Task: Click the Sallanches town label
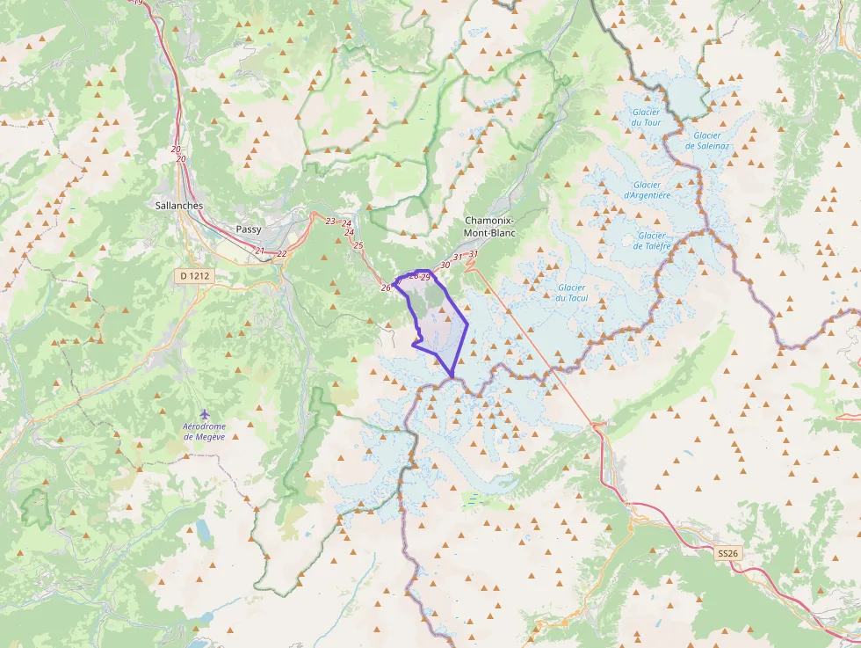[x=178, y=206]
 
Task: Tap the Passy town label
[x=249, y=229]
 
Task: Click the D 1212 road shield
[x=196, y=276]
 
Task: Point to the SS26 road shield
[x=728, y=553]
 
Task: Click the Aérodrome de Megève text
[x=204, y=432]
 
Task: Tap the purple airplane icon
[x=205, y=413]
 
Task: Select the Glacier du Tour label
[x=646, y=117]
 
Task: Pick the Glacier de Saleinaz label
[x=706, y=140]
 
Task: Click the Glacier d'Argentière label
[x=647, y=190]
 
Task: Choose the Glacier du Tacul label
[x=571, y=293]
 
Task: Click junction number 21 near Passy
[x=259, y=251]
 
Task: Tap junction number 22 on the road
[x=281, y=254]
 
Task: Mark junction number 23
[x=330, y=221]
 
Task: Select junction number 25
[x=358, y=245]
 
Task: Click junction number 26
[x=386, y=288]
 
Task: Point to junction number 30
[x=445, y=265]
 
